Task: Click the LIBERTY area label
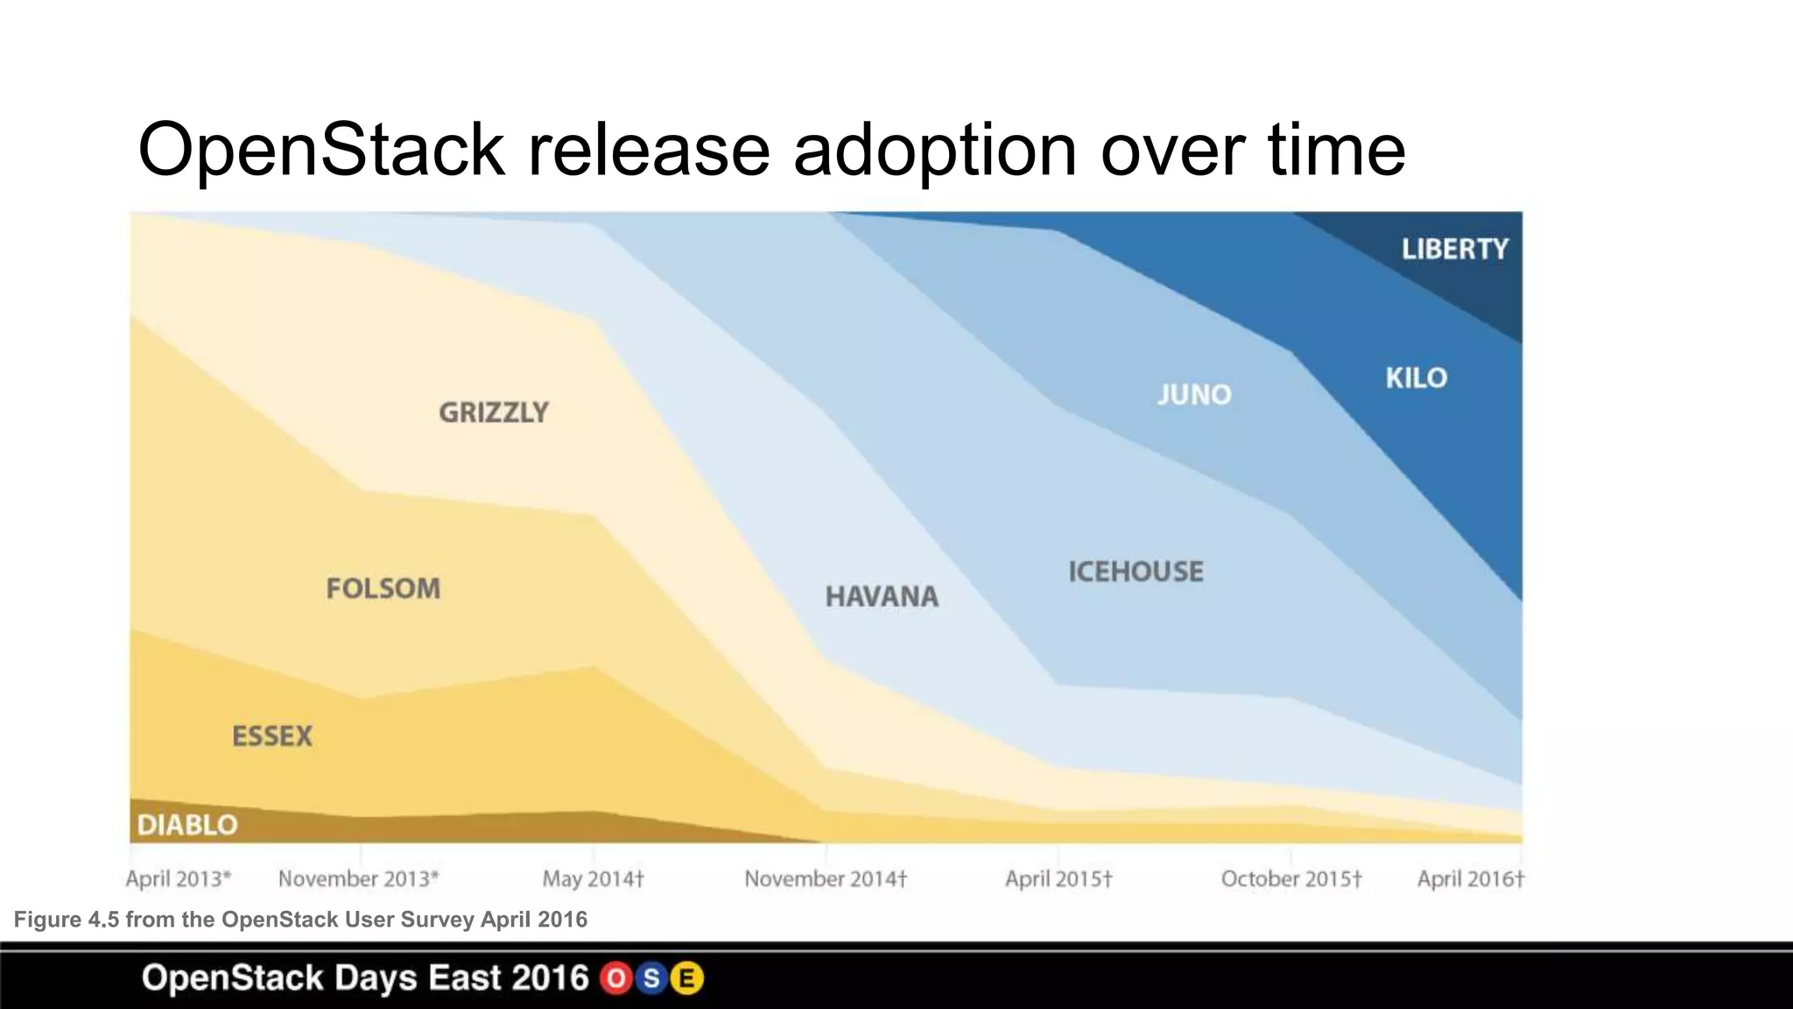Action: [1455, 250]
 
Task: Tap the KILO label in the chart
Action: [1416, 378]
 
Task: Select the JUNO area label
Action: [1194, 395]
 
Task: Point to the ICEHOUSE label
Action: [1136, 572]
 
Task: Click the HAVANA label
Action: [882, 597]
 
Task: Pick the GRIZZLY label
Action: [494, 413]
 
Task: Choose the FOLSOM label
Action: [383, 589]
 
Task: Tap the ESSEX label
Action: [272, 737]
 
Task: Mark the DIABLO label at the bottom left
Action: [187, 825]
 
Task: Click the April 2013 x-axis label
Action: [178, 878]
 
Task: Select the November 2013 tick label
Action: [358, 878]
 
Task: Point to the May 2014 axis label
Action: [593, 878]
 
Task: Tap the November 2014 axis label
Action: [826, 878]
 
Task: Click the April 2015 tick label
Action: [1058, 878]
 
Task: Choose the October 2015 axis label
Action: [1291, 878]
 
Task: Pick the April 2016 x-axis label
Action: [1471, 878]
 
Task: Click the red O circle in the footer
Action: [616, 978]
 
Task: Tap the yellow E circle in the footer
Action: [687, 978]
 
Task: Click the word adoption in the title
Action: [935, 151]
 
